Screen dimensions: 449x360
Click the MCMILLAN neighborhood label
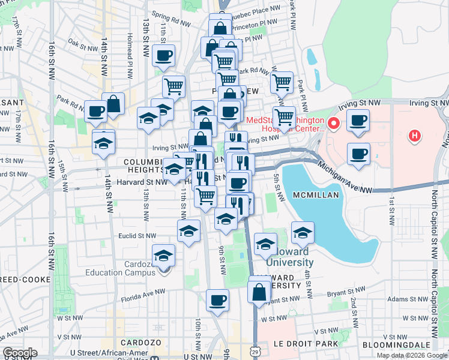point(317,196)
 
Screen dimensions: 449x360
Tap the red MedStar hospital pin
point(333,124)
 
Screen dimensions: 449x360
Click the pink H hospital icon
point(414,136)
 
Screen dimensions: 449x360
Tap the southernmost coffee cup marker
point(217,299)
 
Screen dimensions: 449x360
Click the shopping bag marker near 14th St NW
point(113,103)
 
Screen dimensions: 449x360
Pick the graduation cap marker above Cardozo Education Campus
point(163,255)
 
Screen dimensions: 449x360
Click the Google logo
point(20,353)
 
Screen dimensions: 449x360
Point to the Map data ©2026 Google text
point(411,355)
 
